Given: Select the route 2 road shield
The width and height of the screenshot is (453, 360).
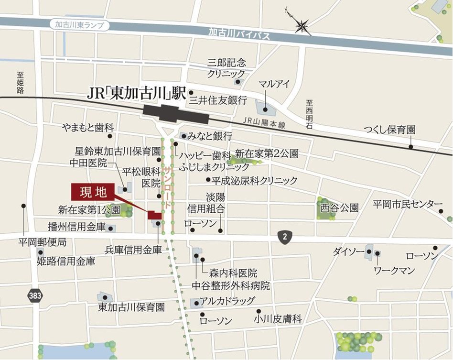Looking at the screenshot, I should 285,236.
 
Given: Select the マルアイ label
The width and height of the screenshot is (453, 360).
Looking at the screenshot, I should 274,84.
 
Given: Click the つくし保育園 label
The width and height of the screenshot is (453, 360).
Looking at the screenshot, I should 389,130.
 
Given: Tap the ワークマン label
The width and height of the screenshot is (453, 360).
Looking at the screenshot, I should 394,271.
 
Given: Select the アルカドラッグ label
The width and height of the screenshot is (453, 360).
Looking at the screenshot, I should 227,301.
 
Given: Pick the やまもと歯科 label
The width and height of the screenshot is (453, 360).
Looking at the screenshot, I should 88,128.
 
